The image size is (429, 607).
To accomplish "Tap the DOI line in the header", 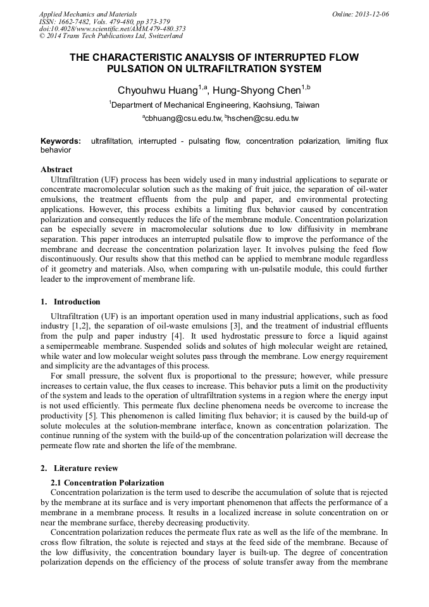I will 112,28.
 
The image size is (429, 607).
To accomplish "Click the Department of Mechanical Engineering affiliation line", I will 214,105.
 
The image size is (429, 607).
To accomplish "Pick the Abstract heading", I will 56,170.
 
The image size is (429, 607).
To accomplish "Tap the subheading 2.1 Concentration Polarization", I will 107,483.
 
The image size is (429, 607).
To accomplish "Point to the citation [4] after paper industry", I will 179,335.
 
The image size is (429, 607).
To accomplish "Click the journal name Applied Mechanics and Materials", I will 87,14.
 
